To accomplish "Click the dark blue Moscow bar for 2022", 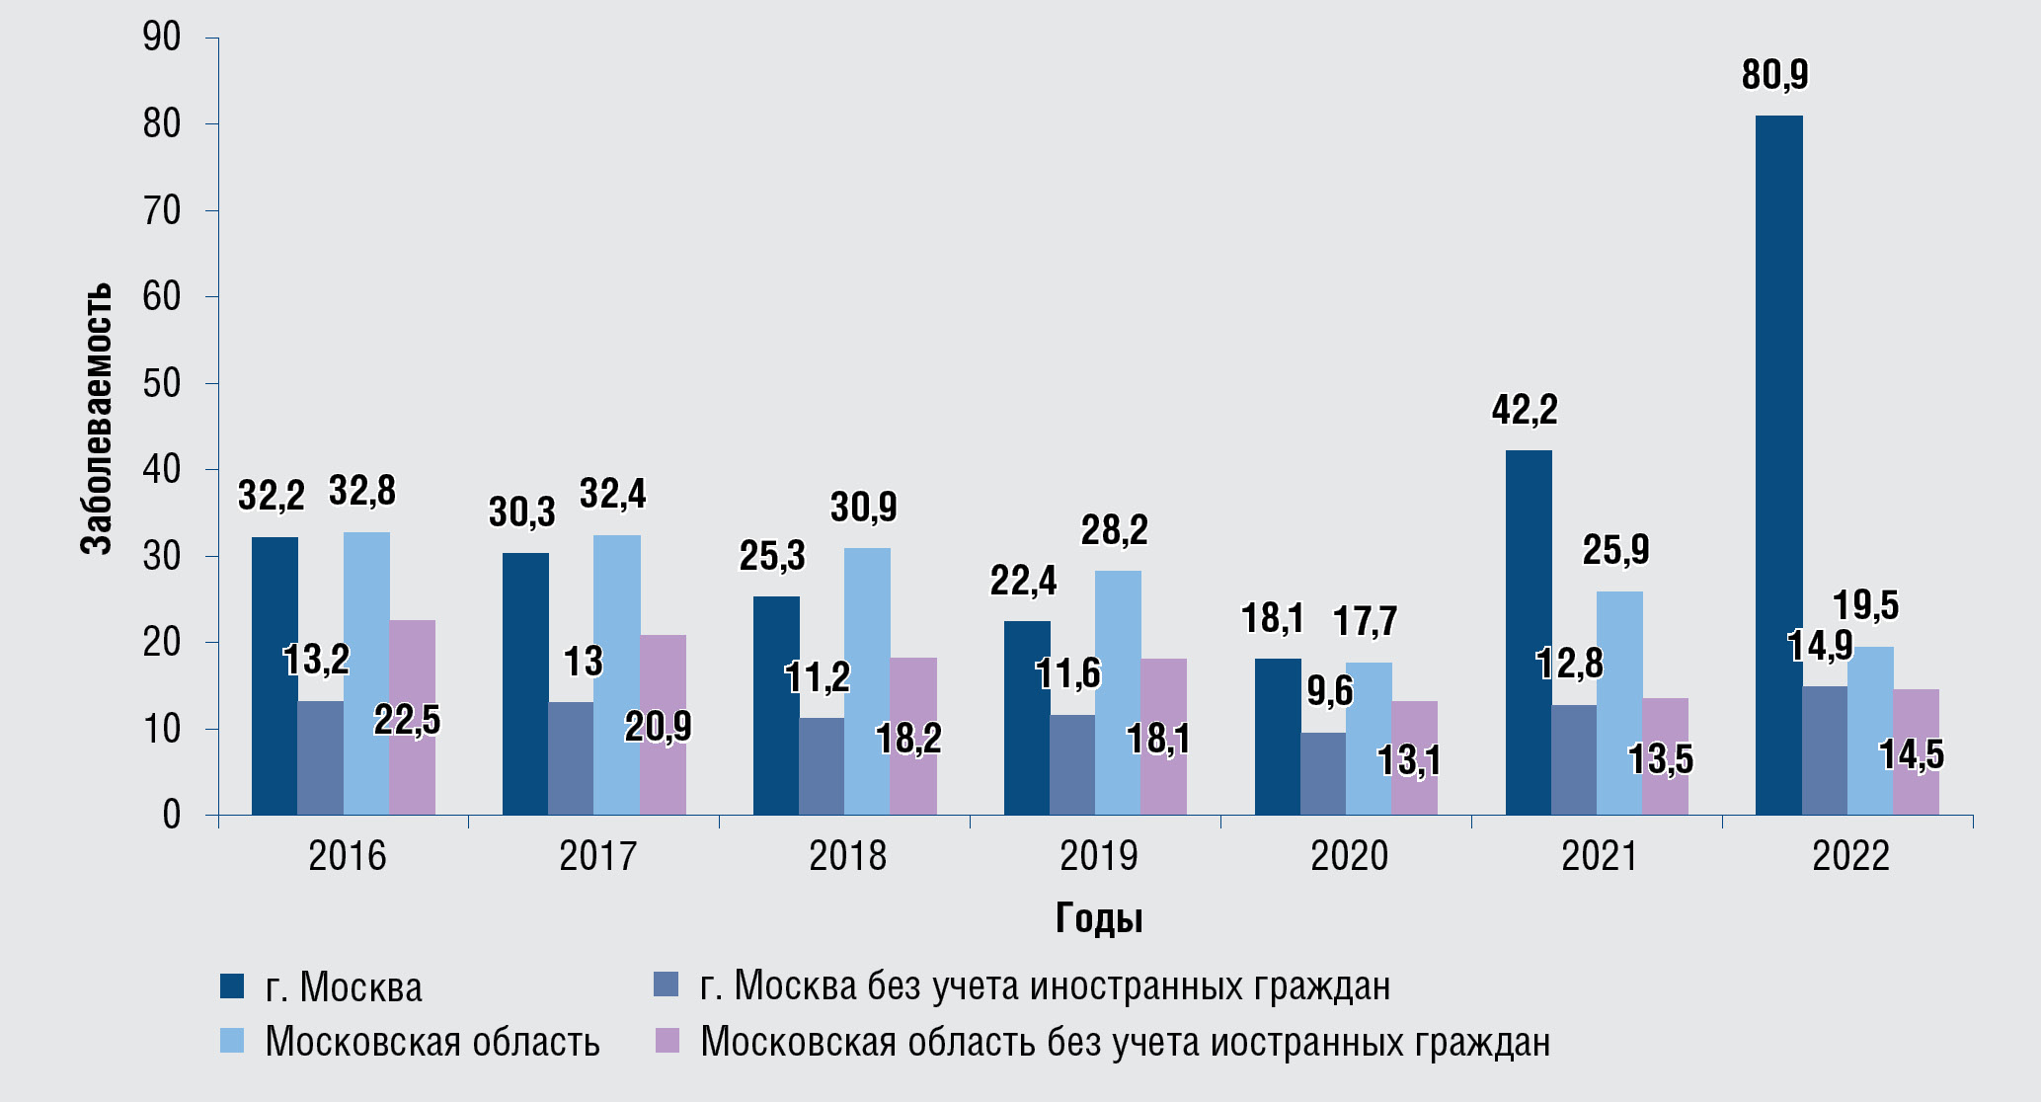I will click(x=1778, y=464).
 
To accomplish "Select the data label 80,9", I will click(x=1774, y=76).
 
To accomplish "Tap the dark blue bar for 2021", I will click(x=1528, y=632).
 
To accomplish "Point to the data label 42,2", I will click(x=1524, y=410).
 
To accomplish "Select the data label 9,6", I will click(x=1330, y=692).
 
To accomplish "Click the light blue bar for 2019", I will click(x=1118, y=692).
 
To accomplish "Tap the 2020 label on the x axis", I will click(x=1349, y=856).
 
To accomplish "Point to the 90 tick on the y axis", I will click(x=162, y=38).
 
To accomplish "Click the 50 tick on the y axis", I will click(x=162, y=383).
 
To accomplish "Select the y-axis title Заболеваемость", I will click(x=96, y=419).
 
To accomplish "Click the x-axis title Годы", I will click(x=1098, y=918).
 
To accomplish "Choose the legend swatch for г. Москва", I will click(x=232, y=986).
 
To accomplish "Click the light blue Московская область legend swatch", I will click(x=232, y=1041).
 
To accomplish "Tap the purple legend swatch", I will click(x=667, y=1041).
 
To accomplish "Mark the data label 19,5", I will click(x=1865, y=606).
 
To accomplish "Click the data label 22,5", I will click(x=407, y=721).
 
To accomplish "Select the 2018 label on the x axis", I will click(x=847, y=856).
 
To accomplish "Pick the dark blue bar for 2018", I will click(x=776, y=705).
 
